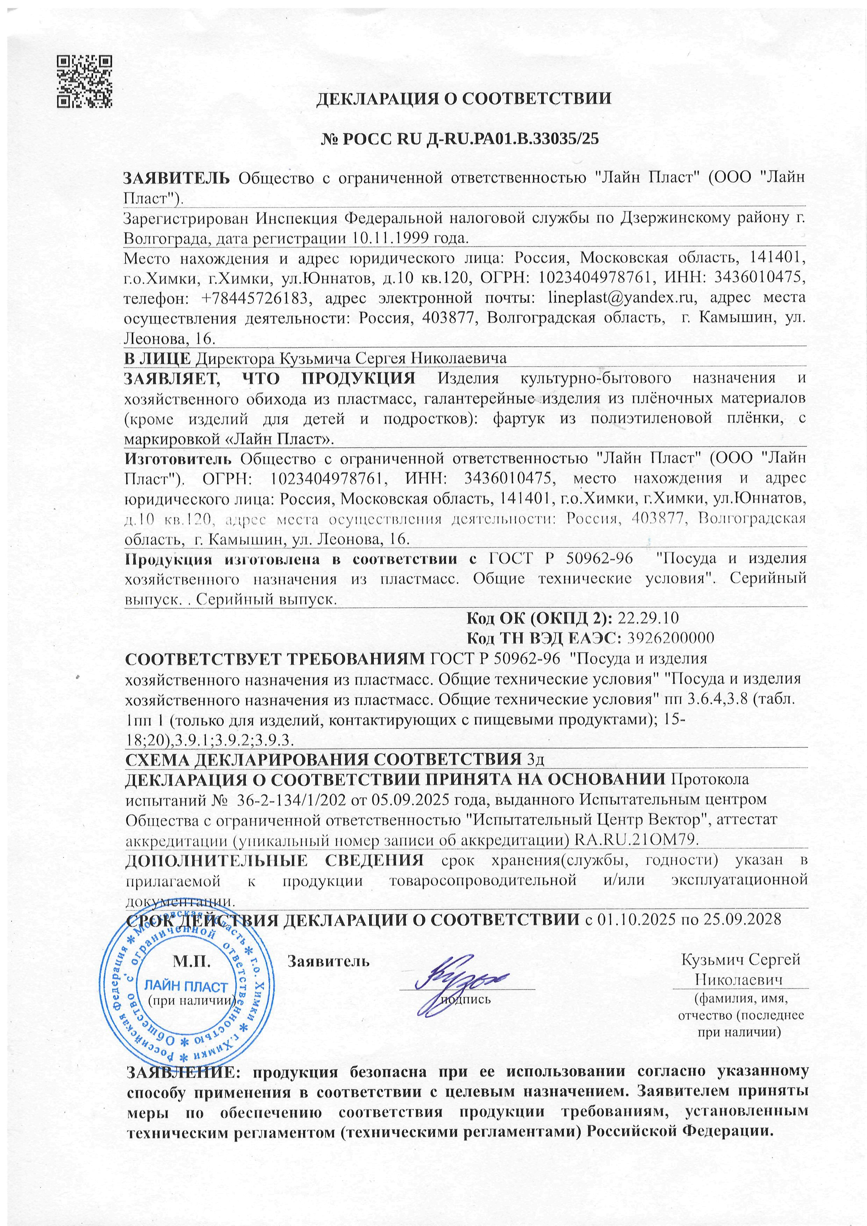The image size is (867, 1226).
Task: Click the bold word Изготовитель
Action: pyautogui.click(x=178, y=458)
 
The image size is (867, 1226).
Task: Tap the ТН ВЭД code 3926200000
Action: pyautogui.click(x=671, y=639)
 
